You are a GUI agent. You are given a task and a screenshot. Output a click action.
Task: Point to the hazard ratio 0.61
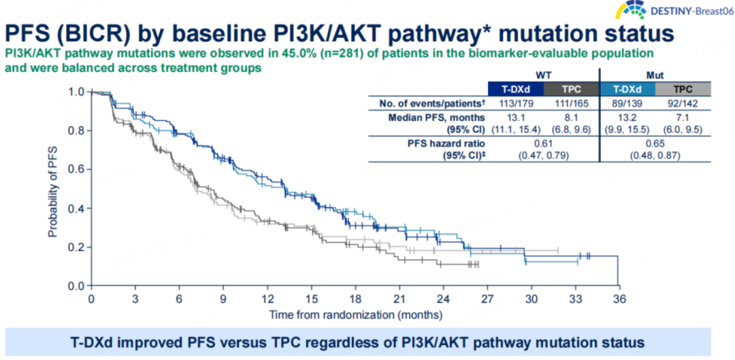(x=543, y=144)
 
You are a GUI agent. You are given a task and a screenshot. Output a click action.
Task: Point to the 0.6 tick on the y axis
(x=77, y=169)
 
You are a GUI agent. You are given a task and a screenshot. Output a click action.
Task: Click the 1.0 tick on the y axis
(x=77, y=92)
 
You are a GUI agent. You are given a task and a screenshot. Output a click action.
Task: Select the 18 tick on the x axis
(x=355, y=300)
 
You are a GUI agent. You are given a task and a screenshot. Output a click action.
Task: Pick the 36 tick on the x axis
(x=617, y=300)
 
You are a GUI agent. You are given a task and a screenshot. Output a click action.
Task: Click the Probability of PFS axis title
(x=52, y=191)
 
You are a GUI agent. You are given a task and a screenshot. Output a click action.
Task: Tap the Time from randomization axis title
(x=355, y=315)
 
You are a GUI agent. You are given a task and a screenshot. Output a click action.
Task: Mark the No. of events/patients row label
(x=431, y=102)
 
